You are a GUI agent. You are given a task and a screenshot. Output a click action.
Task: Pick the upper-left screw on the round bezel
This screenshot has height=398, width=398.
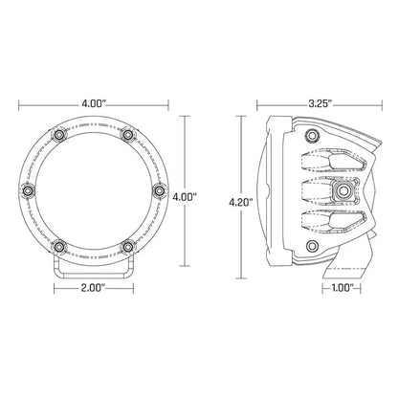pyautogui.click(x=63, y=136)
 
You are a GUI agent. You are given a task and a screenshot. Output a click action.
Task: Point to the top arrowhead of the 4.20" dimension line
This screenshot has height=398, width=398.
pyautogui.click(x=240, y=119)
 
